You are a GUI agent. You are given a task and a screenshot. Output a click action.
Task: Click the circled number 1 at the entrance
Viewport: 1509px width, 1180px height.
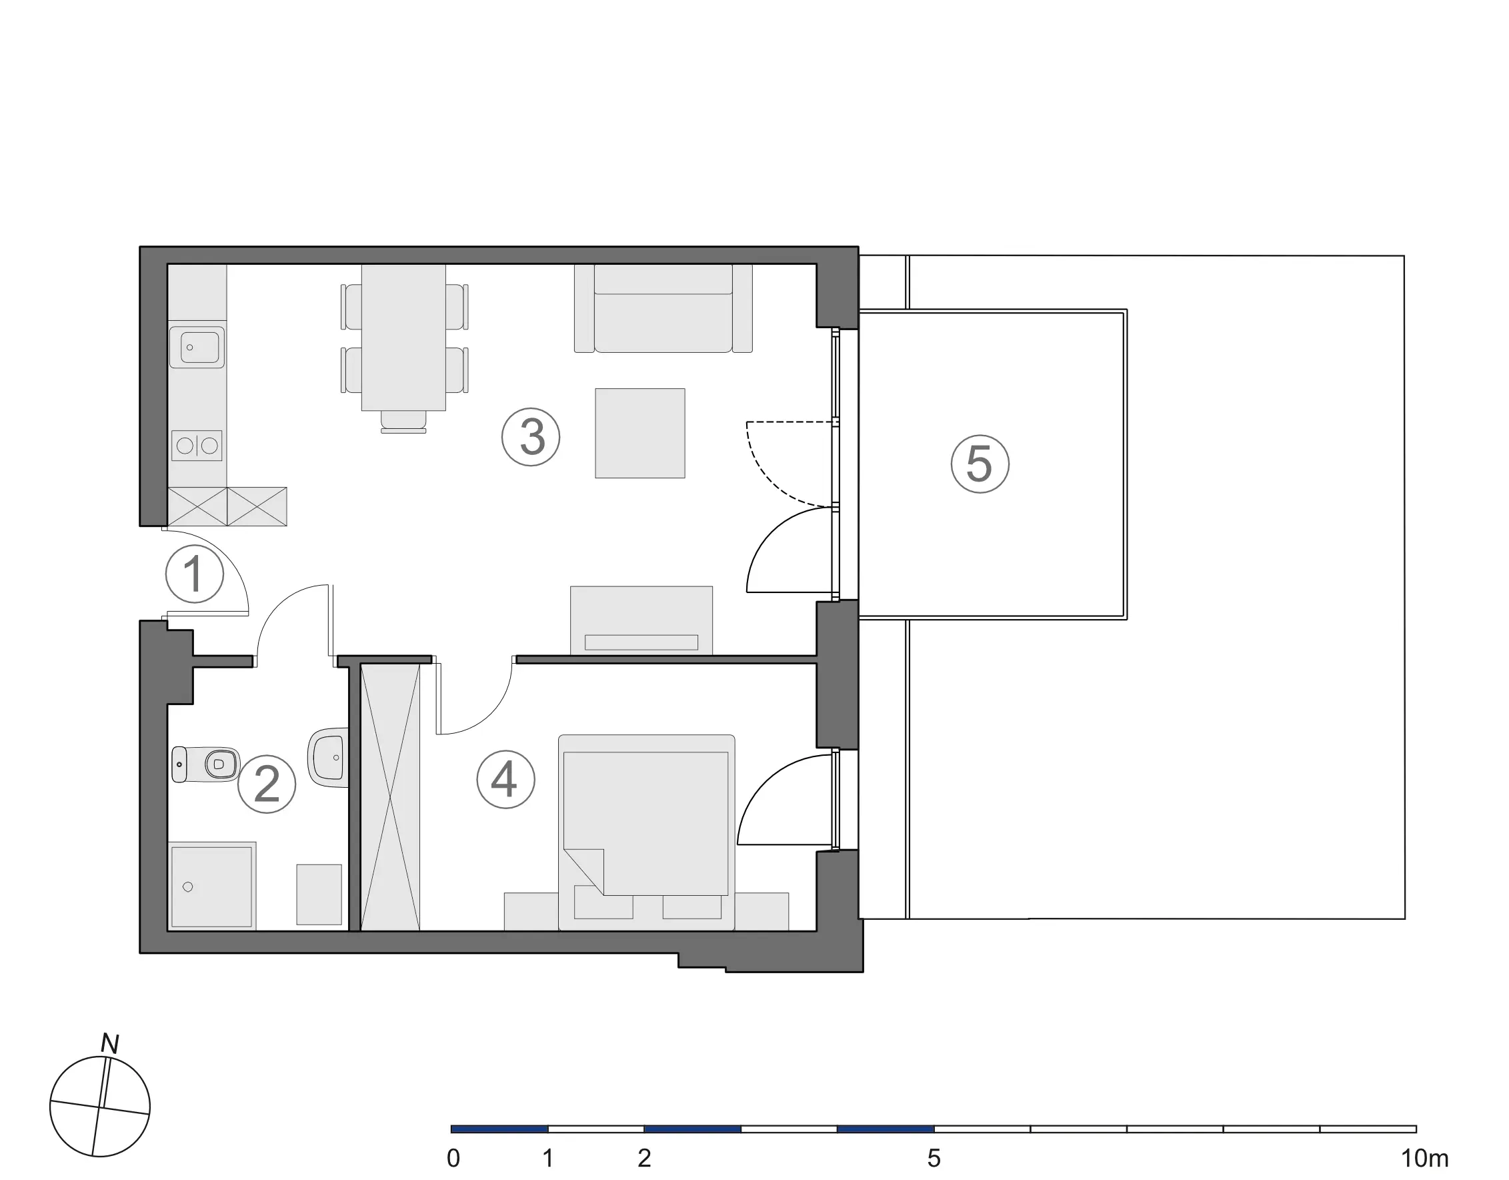tap(195, 574)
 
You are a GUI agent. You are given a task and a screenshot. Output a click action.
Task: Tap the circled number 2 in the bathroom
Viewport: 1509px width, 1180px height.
tap(267, 784)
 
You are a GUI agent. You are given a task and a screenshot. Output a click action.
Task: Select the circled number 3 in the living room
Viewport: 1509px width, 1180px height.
tap(531, 437)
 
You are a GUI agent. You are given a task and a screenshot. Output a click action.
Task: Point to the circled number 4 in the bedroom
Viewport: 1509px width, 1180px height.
tap(505, 780)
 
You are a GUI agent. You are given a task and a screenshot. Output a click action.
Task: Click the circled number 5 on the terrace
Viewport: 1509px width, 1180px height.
tap(980, 464)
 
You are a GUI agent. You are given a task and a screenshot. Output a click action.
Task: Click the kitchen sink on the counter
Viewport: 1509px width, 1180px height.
tap(197, 347)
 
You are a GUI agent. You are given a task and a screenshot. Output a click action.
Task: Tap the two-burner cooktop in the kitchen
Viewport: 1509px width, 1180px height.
tap(197, 446)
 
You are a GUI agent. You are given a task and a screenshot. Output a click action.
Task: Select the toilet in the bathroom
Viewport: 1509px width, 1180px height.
tap(205, 764)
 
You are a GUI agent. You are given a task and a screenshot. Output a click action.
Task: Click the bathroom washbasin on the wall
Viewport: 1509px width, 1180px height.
tap(327, 758)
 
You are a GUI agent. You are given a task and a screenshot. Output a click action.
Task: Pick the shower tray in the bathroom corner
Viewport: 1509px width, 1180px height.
tap(212, 886)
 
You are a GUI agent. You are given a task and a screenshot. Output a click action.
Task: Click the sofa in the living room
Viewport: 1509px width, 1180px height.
tap(663, 308)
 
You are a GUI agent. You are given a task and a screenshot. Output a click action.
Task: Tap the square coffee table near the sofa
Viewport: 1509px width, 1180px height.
tap(639, 434)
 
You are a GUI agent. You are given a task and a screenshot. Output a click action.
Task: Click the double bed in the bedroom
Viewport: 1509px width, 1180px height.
tap(647, 832)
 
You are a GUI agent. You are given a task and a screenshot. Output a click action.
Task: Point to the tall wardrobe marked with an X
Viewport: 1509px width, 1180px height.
tap(390, 797)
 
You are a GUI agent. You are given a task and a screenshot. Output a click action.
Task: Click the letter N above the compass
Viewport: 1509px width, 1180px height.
tap(110, 1044)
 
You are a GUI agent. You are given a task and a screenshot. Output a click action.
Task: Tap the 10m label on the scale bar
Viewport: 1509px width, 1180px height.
tap(1425, 1159)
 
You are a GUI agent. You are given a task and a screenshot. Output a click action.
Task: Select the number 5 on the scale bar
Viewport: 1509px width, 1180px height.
tap(934, 1159)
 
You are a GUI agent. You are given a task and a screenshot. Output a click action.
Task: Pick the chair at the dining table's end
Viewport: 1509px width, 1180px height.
tap(403, 422)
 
